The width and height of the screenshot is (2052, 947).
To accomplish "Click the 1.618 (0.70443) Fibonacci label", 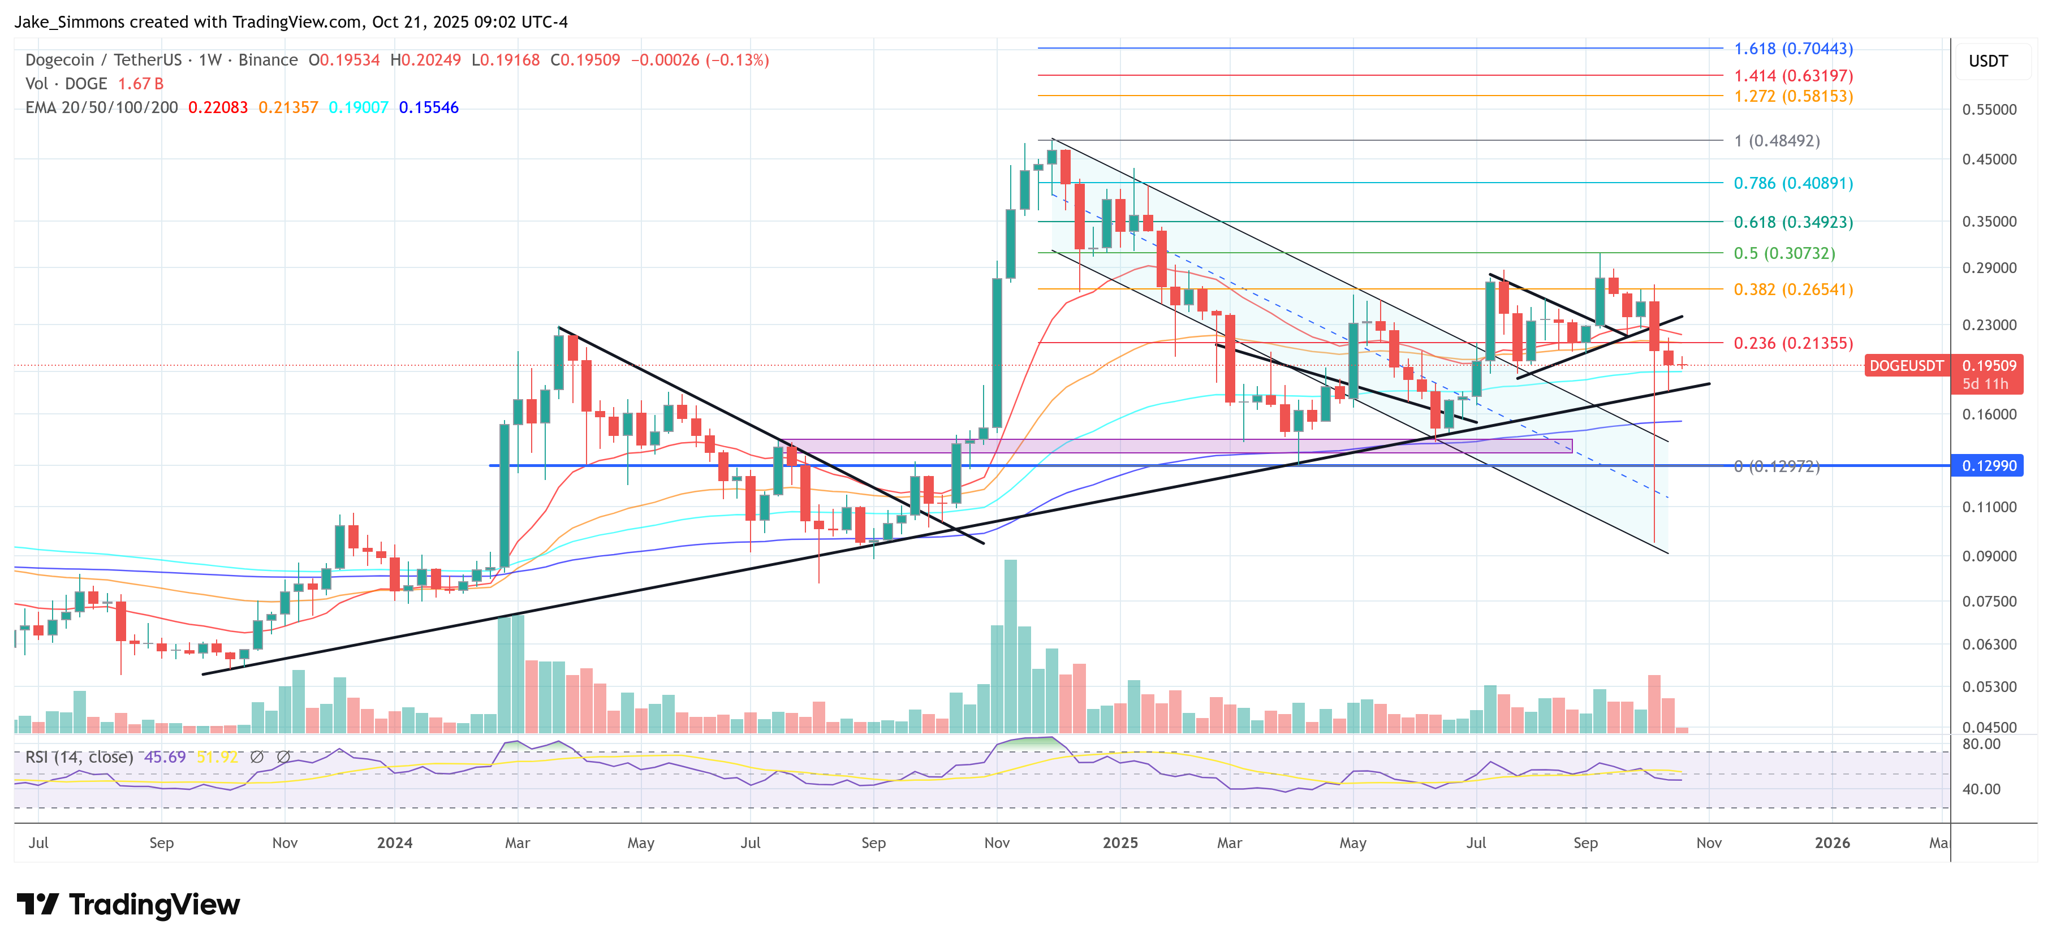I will coord(1792,49).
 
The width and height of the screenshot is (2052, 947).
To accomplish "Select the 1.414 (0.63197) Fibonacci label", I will coord(1792,76).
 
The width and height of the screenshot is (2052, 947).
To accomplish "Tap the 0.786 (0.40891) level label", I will coord(1792,183).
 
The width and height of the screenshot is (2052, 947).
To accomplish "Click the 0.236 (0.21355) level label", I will coord(1792,343).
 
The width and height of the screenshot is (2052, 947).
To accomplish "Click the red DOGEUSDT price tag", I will coord(1906,366).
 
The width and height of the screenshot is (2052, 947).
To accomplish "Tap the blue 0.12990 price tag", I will coord(1988,466).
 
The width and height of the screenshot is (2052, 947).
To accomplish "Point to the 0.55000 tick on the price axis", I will coord(1988,110).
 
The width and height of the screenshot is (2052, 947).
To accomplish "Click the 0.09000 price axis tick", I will coord(1988,556).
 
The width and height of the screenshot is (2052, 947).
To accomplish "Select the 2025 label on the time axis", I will coord(1119,842).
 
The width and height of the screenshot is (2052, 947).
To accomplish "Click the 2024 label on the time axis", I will coord(394,842).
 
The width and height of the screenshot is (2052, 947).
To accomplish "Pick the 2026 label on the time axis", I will coord(1831,842).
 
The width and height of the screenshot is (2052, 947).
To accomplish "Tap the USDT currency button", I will coord(1988,61).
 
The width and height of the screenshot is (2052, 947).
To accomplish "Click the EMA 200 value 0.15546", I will coord(429,107).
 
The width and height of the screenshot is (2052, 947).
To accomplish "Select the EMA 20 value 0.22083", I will coord(217,107).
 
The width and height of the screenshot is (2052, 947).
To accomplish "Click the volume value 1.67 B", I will coord(140,84).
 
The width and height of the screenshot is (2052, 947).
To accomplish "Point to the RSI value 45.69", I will coord(164,756).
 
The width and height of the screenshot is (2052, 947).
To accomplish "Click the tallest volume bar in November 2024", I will coord(1010,645).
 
